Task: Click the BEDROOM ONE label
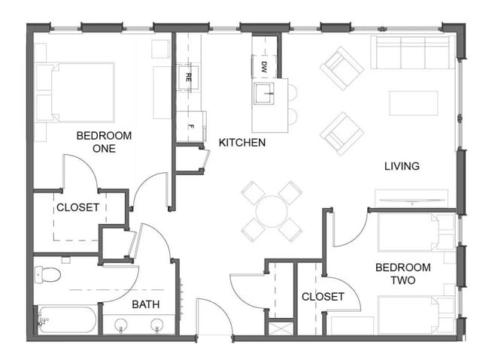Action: click(x=104, y=142)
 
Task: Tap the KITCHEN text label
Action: click(x=241, y=142)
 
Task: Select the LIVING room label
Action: click(x=401, y=166)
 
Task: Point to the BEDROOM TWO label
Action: click(x=402, y=274)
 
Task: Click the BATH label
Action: click(x=145, y=304)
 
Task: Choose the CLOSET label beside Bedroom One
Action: click(x=77, y=207)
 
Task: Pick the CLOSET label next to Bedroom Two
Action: click(x=323, y=297)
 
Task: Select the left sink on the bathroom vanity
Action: click(x=122, y=325)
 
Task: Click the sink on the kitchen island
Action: click(x=265, y=94)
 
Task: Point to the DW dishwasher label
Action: click(x=264, y=66)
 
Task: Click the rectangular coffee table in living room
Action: click(x=413, y=103)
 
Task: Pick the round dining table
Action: click(x=271, y=210)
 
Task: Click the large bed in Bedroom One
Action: click(x=75, y=92)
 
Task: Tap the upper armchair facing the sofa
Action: click(x=342, y=68)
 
